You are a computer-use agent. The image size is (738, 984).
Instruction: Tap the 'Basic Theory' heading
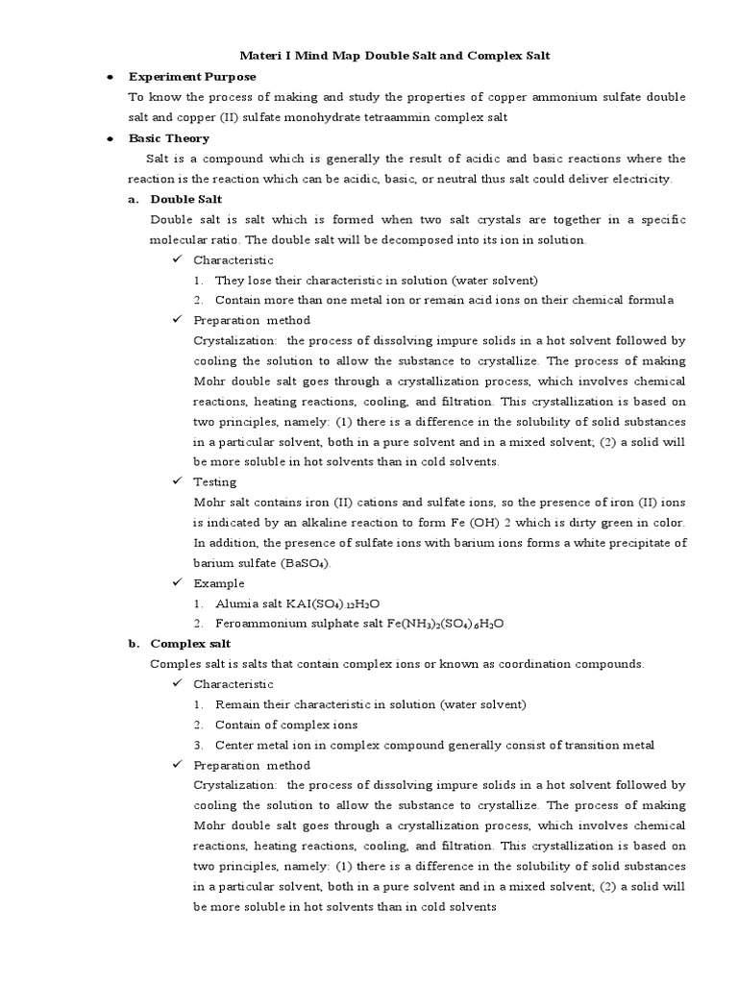click(168, 138)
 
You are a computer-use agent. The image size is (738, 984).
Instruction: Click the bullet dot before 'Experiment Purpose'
click(111, 77)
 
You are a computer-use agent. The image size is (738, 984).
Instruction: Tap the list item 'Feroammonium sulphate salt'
click(294, 624)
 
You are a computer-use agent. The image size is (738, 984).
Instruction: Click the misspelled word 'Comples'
click(175, 664)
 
